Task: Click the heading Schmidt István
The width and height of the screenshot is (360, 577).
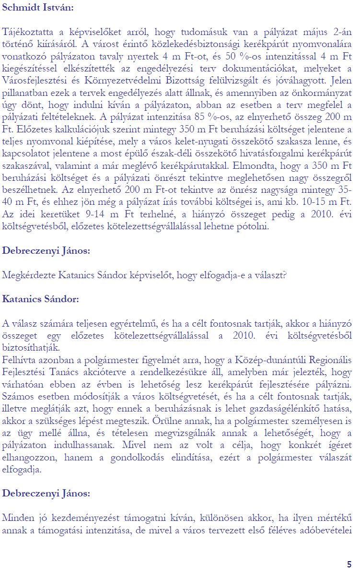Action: pyautogui.click(x=38, y=8)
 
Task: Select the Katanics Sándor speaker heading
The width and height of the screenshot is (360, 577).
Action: pyautogui.click(x=40, y=299)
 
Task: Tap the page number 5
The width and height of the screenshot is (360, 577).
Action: pyautogui.click(x=349, y=564)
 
